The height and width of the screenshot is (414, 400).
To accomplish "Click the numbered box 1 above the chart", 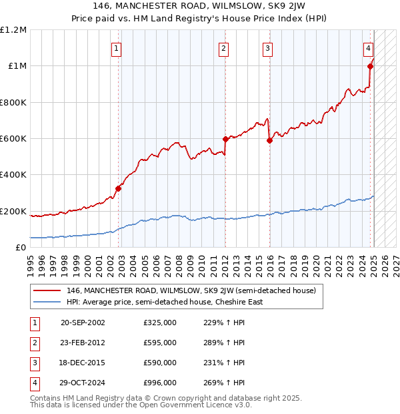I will click(116, 48).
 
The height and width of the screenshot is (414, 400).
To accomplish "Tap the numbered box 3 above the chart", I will click(267, 48).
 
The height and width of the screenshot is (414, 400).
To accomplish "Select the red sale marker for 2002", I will click(119, 188).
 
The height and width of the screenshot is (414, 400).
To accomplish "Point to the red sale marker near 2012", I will click(225, 139).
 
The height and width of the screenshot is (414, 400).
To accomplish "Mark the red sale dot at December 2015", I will click(269, 140).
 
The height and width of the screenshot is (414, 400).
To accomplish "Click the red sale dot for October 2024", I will click(370, 66).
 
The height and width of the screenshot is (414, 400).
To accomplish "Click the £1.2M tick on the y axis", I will click(13, 30).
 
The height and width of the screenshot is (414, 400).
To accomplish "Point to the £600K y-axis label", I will click(13, 139).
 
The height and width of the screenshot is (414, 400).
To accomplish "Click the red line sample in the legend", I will click(47, 291).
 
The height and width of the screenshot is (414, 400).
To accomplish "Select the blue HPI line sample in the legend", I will click(47, 302).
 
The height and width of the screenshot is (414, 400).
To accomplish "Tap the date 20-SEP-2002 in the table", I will click(83, 323).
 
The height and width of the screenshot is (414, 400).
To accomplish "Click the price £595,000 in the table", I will click(160, 343).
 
